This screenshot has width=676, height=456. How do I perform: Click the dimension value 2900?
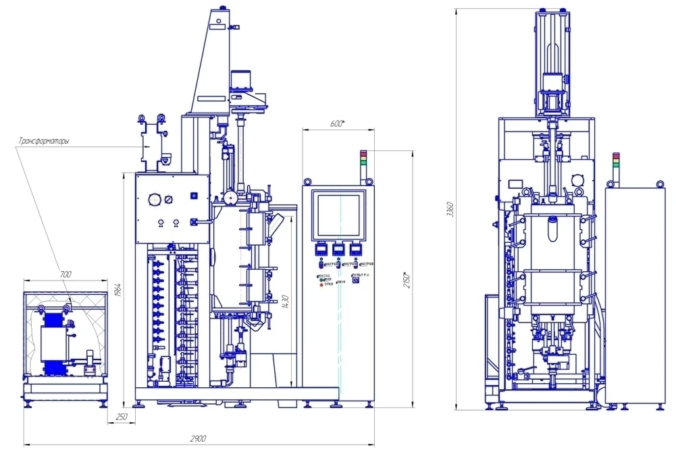click(x=198, y=438)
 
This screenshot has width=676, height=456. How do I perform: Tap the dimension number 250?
click(x=122, y=418)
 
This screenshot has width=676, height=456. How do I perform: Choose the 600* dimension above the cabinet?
click(x=338, y=123)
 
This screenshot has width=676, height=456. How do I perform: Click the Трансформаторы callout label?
click(x=43, y=142)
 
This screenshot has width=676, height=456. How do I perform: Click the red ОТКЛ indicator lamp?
click(x=321, y=285)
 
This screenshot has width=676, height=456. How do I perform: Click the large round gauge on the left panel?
click(x=155, y=200)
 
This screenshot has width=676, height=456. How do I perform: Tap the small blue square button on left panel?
click(x=194, y=196)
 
